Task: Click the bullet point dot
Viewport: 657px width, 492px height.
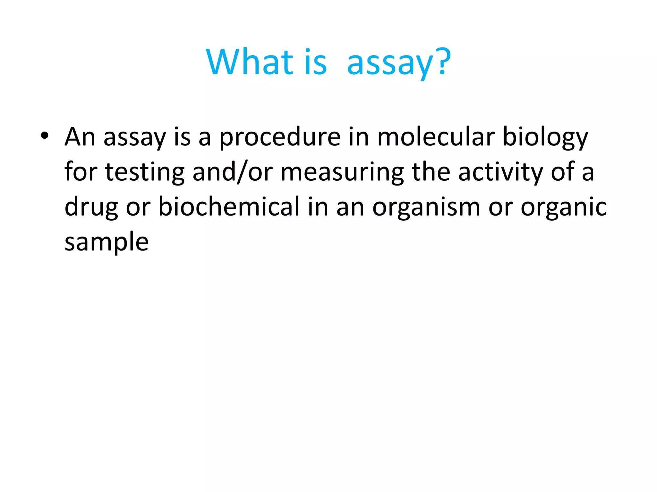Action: click(44, 136)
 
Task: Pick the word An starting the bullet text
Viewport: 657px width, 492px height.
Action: click(80, 137)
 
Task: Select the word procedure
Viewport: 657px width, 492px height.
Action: click(280, 138)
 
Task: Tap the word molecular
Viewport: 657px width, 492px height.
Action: click(435, 137)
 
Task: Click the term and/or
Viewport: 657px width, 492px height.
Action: click(233, 172)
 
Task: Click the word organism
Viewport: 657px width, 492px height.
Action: click(426, 208)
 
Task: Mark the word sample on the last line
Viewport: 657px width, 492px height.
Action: click(107, 242)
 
